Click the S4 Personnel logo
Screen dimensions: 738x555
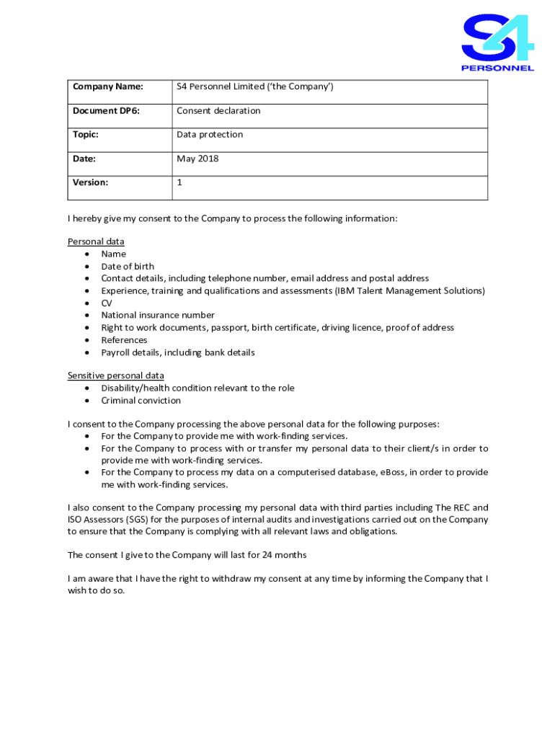click(497, 43)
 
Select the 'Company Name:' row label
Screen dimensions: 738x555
click(107, 87)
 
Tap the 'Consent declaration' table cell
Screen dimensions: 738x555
click(218, 111)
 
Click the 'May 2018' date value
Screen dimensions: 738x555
click(197, 159)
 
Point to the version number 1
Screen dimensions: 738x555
click(179, 182)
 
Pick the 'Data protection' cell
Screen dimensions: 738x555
click(210, 135)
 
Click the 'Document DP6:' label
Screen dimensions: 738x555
click(106, 111)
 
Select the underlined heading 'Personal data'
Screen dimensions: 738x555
click(96, 241)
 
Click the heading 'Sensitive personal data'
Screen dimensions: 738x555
click(115, 375)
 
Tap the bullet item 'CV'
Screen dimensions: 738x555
click(107, 303)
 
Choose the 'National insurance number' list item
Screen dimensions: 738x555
click(157, 315)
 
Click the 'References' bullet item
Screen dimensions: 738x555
click(124, 340)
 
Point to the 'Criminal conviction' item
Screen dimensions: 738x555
click(141, 401)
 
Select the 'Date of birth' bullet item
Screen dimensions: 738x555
click(127, 267)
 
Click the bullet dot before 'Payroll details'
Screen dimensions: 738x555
click(87, 352)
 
